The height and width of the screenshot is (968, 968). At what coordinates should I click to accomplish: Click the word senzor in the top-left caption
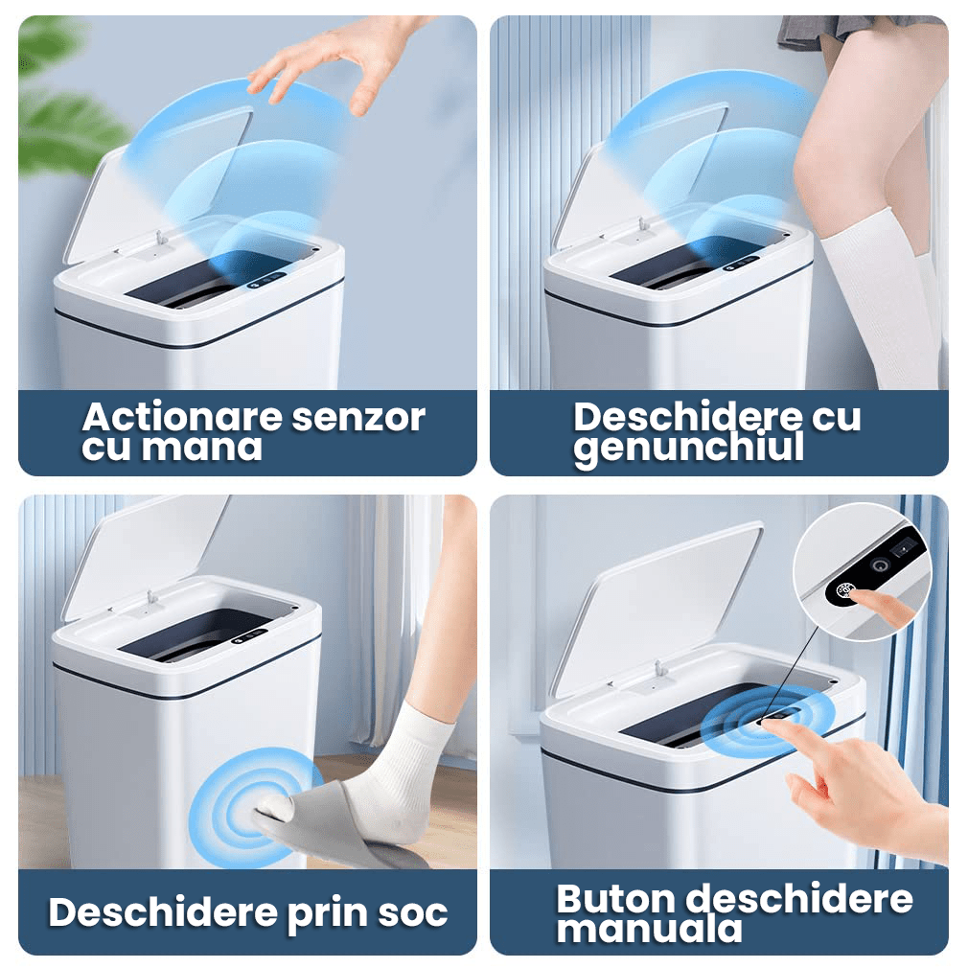coord(358,418)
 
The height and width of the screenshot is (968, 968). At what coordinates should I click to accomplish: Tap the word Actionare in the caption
coord(183,417)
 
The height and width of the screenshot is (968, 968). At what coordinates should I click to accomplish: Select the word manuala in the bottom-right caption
coord(650,930)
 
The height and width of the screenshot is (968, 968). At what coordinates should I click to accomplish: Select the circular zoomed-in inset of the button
coord(862,571)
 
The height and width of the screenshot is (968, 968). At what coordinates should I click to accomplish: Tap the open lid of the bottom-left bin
coord(145,556)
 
